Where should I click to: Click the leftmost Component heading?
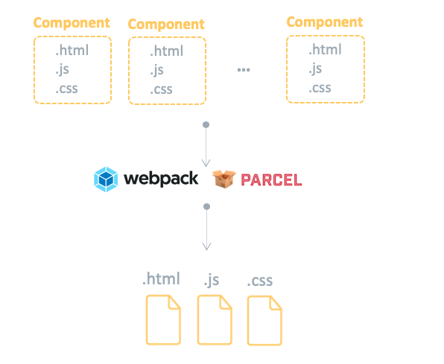tap(72, 23)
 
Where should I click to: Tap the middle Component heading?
tap(166, 25)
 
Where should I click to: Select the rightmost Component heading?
tap(325, 22)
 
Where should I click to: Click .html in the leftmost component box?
tap(72, 51)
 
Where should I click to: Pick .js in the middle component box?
tap(156, 70)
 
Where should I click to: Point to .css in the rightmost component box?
tap(320, 89)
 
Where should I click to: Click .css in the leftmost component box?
tap(66, 89)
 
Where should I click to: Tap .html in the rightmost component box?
tap(325, 50)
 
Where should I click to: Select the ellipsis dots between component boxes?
tap(244, 70)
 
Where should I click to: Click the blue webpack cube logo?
tap(106, 179)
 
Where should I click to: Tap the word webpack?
tap(161, 179)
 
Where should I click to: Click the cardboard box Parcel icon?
tap(224, 179)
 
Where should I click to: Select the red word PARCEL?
tap(271, 180)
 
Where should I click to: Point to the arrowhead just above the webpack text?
tap(206, 163)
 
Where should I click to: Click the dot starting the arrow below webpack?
tap(206, 207)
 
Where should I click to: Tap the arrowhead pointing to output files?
tap(206, 246)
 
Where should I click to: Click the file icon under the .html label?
tap(163, 320)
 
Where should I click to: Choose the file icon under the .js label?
tap(215, 320)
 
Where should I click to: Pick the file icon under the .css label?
tap(264, 320)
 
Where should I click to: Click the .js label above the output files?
tap(212, 280)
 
